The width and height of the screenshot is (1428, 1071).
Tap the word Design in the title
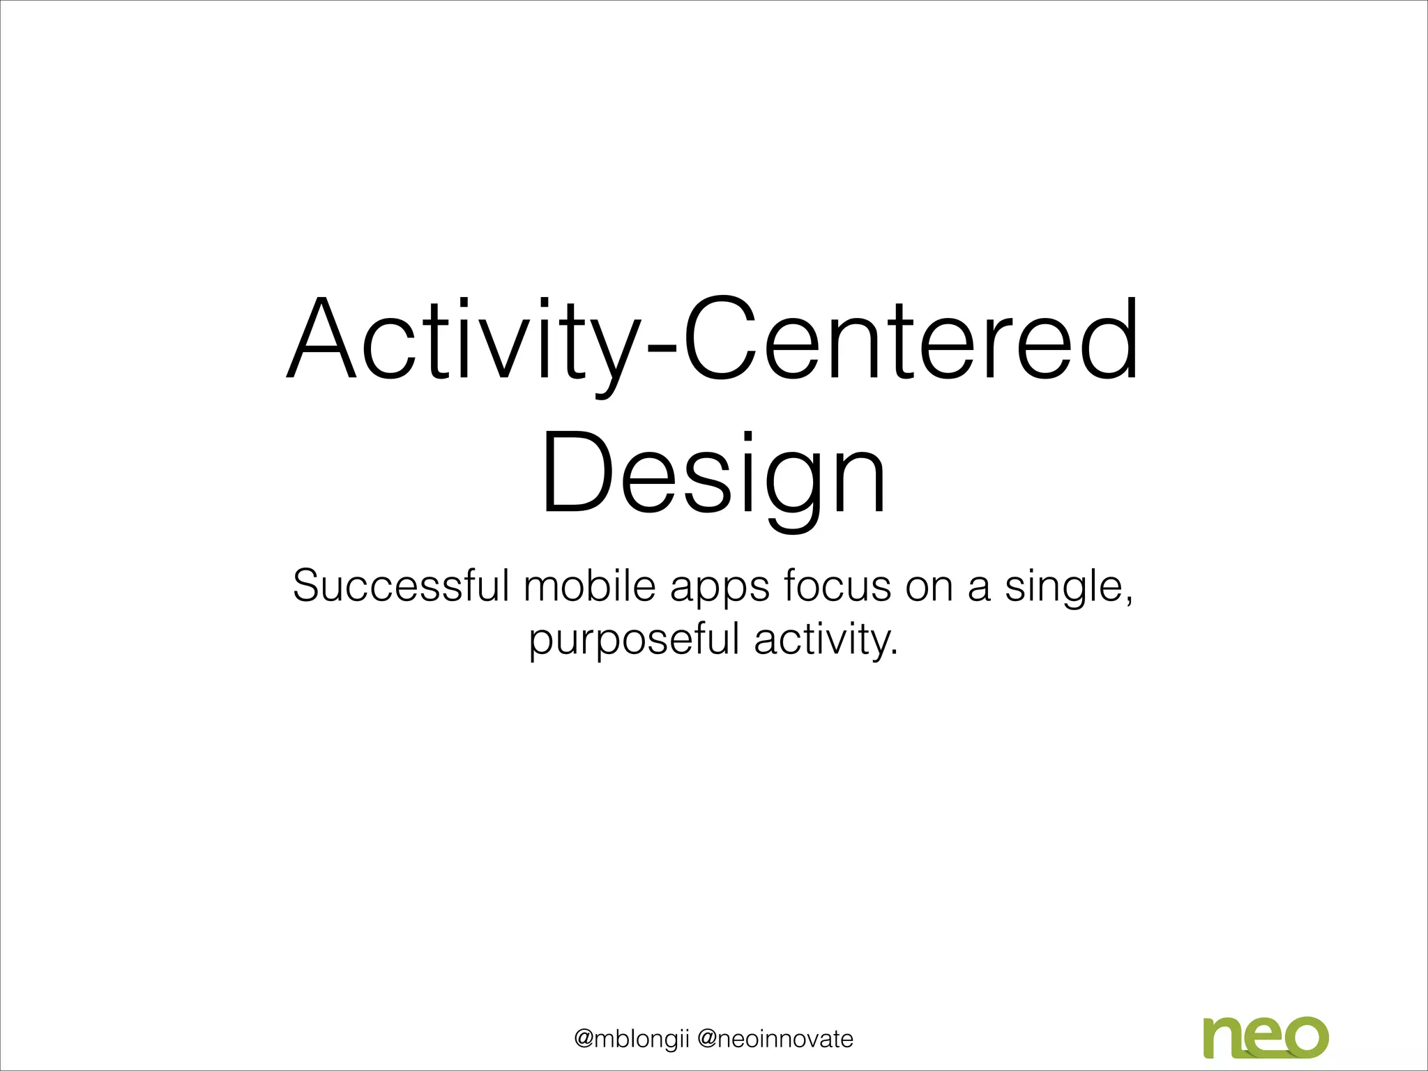coord(713,476)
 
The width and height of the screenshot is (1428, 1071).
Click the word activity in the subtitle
coord(823,640)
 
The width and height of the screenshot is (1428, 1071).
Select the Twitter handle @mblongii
coord(631,1039)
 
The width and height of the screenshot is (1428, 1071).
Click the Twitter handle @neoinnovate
coord(775,1039)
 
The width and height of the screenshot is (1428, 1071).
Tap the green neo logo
coord(1266,1037)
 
